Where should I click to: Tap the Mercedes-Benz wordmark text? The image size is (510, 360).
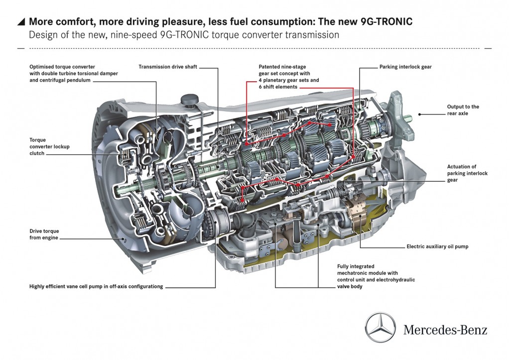445,330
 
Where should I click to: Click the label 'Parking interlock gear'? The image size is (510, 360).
405,67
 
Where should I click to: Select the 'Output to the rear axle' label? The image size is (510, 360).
463,110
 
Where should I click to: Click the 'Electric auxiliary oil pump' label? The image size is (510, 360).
437,246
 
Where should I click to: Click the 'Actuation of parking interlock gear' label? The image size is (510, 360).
467,173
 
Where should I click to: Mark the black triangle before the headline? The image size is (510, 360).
21,22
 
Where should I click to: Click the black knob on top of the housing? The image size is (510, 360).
190,100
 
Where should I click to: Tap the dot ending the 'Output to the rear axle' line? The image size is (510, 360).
420,114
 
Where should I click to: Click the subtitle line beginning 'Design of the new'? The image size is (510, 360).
184,35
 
